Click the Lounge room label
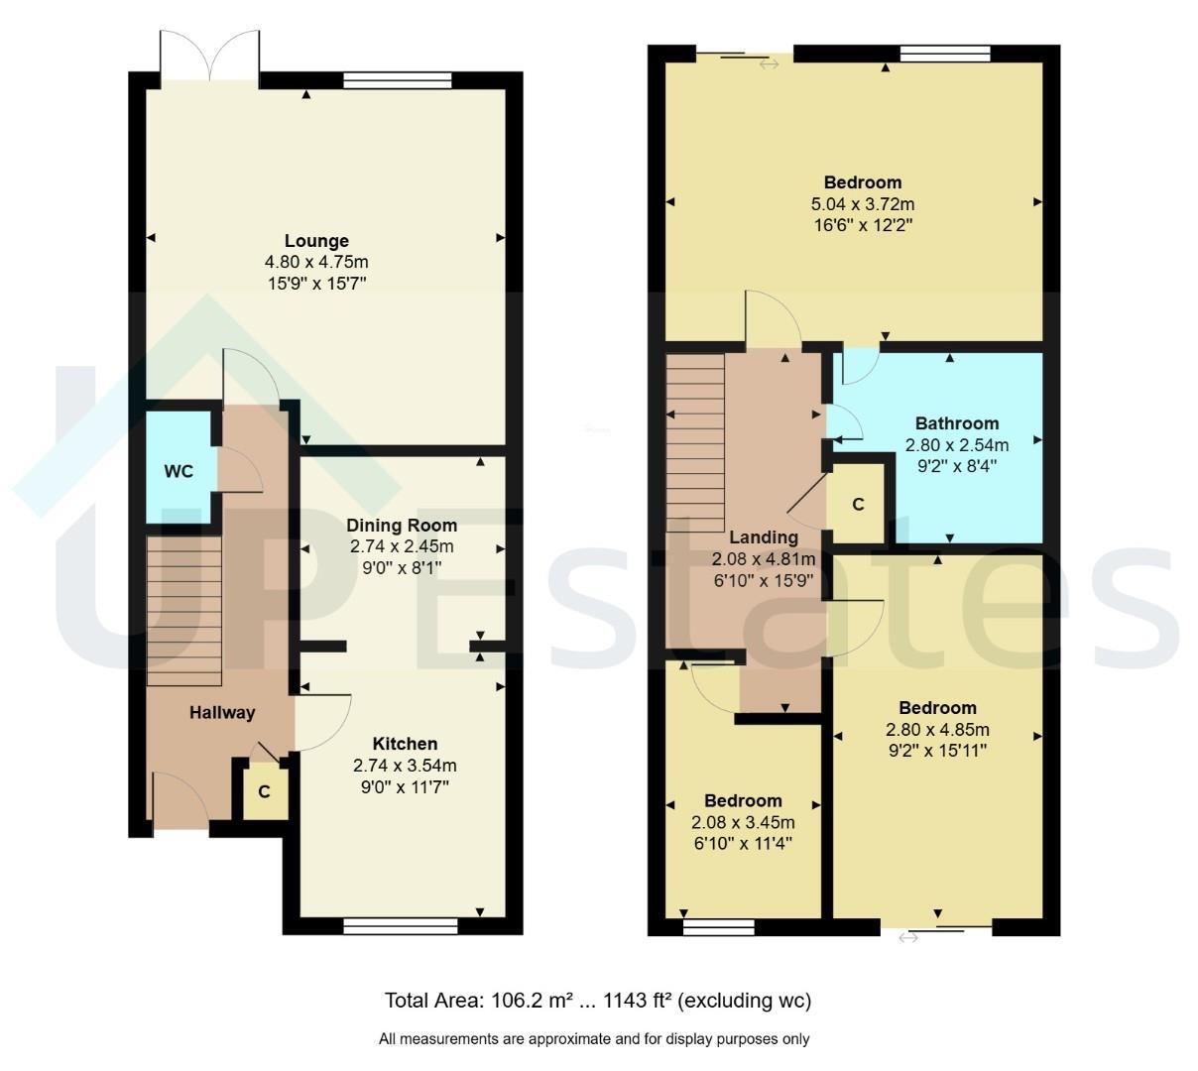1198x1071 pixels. [x=316, y=241]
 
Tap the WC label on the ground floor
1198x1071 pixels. [x=178, y=471]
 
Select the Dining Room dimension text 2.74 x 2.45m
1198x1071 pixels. [x=402, y=546]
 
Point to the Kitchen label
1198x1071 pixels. [x=405, y=744]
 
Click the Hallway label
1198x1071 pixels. [x=222, y=713]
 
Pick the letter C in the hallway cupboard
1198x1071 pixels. [x=264, y=792]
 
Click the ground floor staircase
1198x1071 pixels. [x=183, y=610]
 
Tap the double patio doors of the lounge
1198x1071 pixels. [x=209, y=57]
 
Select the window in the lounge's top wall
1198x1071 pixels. [x=398, y=80]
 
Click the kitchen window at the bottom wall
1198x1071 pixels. [x=401, y=925]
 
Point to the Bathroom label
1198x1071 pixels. [x=956, y=423]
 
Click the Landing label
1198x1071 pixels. [x=764, y=536]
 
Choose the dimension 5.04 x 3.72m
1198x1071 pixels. [x=862, y=204]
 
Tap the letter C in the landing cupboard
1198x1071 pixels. [x=858, y=504]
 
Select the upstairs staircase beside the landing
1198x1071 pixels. [x=695, y=443]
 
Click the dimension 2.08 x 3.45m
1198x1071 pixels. [x=743, y=822]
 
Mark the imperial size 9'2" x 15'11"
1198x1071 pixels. [x=937, y=751]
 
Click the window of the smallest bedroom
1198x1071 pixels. [x=718, y=926]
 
